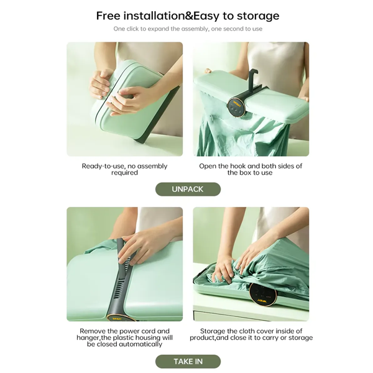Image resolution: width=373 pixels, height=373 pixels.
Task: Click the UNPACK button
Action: point(187,189)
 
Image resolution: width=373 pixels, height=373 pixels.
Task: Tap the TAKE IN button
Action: point(187,361)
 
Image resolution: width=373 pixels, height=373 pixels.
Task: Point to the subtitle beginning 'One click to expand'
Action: point(187,29)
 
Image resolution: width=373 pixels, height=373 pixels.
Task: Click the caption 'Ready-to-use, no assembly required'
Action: point(124,169)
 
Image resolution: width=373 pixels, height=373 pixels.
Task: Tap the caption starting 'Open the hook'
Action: point(250,169)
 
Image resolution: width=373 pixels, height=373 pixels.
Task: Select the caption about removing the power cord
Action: point(124,338)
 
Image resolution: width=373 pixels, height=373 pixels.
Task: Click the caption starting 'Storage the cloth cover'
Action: point(250,334)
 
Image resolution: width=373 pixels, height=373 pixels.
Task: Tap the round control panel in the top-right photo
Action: point(236,108)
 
